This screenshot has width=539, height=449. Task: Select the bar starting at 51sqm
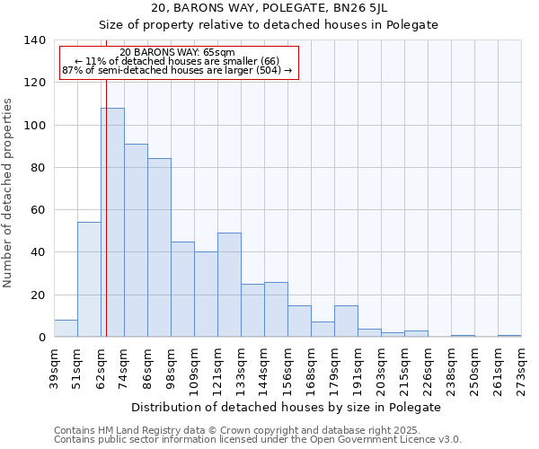89,279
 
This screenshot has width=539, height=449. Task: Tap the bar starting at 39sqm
66,329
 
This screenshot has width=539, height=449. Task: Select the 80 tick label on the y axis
38,168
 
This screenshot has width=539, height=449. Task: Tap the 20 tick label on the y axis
38,295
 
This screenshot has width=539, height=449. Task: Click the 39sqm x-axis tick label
54,368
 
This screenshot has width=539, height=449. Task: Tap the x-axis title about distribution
286,407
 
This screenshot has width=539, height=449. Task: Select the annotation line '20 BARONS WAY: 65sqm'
177,53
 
